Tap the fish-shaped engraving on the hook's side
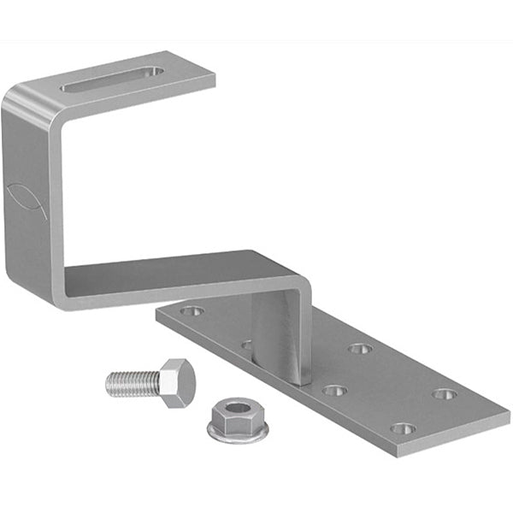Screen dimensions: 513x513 27,200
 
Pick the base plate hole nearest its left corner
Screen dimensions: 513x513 191,311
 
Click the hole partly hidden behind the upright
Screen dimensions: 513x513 246,345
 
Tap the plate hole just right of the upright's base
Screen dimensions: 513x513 334,391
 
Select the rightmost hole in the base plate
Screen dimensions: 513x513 445,394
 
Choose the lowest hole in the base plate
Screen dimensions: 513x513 402,428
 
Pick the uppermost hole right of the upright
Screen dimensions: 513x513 360,349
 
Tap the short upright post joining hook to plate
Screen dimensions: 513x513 278,338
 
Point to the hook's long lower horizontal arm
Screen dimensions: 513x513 171,278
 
